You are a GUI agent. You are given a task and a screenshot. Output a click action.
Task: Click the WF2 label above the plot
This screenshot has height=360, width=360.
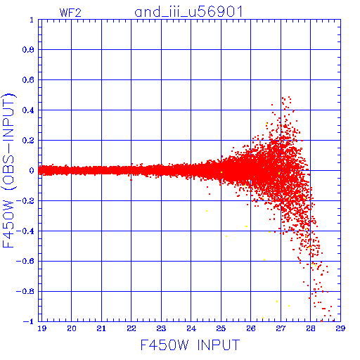(x=70, y=13)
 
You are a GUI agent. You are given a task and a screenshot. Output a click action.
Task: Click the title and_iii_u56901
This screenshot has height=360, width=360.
(x=188, y=12)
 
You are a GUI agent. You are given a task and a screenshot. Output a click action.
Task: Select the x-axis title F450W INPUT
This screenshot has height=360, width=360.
(x=190, y=345)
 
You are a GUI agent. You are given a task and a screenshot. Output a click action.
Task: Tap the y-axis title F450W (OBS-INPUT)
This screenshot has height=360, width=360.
(x=8, y=170)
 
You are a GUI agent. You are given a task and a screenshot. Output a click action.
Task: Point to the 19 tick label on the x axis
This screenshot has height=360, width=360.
(x=42, y=328)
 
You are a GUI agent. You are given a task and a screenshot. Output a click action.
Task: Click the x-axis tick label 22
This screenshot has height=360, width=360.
(x=131, y=328)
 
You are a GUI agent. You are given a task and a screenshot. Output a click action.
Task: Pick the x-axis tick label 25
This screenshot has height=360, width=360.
(x=221, y=328)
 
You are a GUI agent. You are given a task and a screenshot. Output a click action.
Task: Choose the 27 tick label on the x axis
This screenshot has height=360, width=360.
(x=281, y=328)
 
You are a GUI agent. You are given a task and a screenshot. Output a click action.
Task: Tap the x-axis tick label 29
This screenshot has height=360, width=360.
(x=340, y=328)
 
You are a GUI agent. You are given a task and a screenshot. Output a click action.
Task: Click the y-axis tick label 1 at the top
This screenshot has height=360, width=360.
(x=32, y=20)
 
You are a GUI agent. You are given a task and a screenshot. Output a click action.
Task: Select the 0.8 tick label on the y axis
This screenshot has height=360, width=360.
(x=28, y=50)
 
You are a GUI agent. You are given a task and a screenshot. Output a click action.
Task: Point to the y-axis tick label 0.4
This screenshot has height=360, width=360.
(x=28, y=110)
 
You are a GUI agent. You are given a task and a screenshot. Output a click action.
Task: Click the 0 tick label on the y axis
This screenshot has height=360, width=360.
(x=32, y=171)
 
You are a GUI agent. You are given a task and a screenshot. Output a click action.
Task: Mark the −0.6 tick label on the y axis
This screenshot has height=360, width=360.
(x=25, y=261)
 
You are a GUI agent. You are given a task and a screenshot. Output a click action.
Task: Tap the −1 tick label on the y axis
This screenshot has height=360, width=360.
(x=29, y=321)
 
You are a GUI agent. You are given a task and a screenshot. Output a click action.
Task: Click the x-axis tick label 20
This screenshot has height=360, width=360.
(x=72, y=328)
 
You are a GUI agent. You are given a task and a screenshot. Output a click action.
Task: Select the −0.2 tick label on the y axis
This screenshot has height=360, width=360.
(x=25, y=201)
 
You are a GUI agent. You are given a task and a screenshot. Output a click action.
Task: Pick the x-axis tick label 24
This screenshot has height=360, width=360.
(x=191, y=328)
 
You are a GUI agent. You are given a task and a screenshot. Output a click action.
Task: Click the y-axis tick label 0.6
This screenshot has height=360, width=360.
(x=28, y=80)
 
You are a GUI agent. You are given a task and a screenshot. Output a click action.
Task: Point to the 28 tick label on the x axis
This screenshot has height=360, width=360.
(x=310, y=328)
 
